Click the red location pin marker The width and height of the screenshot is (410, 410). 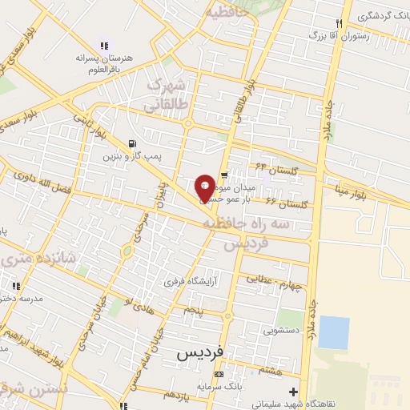[x=205, y=187]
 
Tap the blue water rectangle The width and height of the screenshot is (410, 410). [x=334, y=332]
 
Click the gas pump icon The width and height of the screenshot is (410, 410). [x=132, y=145]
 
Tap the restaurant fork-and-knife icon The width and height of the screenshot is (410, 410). [x=340, y=23]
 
